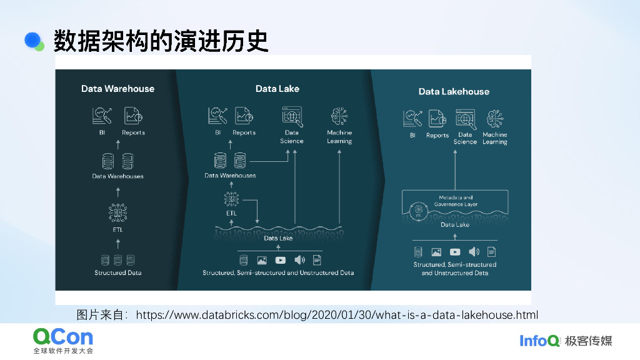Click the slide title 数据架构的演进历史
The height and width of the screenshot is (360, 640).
161,41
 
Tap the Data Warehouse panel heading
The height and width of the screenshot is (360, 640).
117,89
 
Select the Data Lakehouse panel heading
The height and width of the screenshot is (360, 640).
454,91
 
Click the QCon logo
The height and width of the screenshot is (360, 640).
63,340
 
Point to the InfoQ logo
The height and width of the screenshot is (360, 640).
539,341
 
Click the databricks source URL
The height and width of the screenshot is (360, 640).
337,314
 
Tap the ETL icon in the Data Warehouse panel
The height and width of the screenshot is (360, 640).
117,213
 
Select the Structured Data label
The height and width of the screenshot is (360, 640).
117,273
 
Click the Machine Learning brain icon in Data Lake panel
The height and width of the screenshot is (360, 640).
339,116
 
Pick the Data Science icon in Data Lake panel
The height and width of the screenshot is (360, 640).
292,116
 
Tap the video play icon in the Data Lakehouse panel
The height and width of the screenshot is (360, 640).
455,252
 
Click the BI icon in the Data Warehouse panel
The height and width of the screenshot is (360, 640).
102,116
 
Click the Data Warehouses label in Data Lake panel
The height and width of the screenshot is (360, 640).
230,176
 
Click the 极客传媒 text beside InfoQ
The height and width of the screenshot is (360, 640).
588,341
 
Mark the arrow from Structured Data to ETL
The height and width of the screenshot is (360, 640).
117,244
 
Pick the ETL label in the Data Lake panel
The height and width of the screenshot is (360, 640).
231,213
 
